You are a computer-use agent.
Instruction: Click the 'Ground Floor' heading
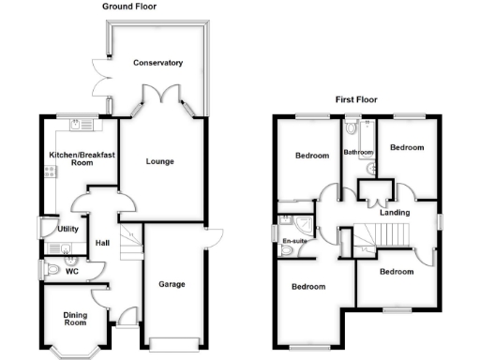[x=130, y=7]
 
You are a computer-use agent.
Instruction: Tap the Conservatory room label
[x=157, y=63]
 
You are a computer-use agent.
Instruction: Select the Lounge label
[x=159, y=161]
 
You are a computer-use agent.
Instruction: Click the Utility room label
[x=67, y=228]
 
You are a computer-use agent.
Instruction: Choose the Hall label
[x=103, y=247]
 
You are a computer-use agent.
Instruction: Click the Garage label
[x=171, y=284]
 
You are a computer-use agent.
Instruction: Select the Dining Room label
[x=75, y=319]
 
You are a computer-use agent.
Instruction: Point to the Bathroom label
[x=358, y=151]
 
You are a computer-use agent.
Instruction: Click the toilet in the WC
[x=52, y=270]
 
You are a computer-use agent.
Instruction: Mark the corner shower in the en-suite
[x=304, y=224]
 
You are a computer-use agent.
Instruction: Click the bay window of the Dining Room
[x=74, y=351]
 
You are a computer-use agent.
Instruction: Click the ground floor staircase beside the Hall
[x=129, y=242]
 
